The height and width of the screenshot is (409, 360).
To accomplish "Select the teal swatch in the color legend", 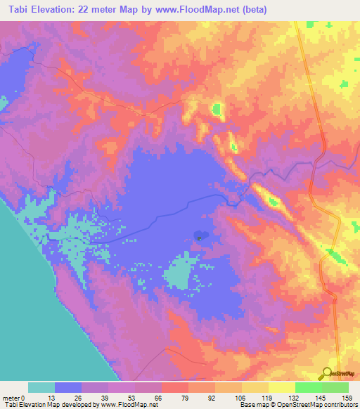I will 41,387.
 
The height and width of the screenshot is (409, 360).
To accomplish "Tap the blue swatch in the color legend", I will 68,387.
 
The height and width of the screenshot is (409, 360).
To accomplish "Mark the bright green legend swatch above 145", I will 308,387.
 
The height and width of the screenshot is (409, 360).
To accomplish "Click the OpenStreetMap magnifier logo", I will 326,372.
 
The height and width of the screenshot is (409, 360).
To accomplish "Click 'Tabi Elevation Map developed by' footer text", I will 49,404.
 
